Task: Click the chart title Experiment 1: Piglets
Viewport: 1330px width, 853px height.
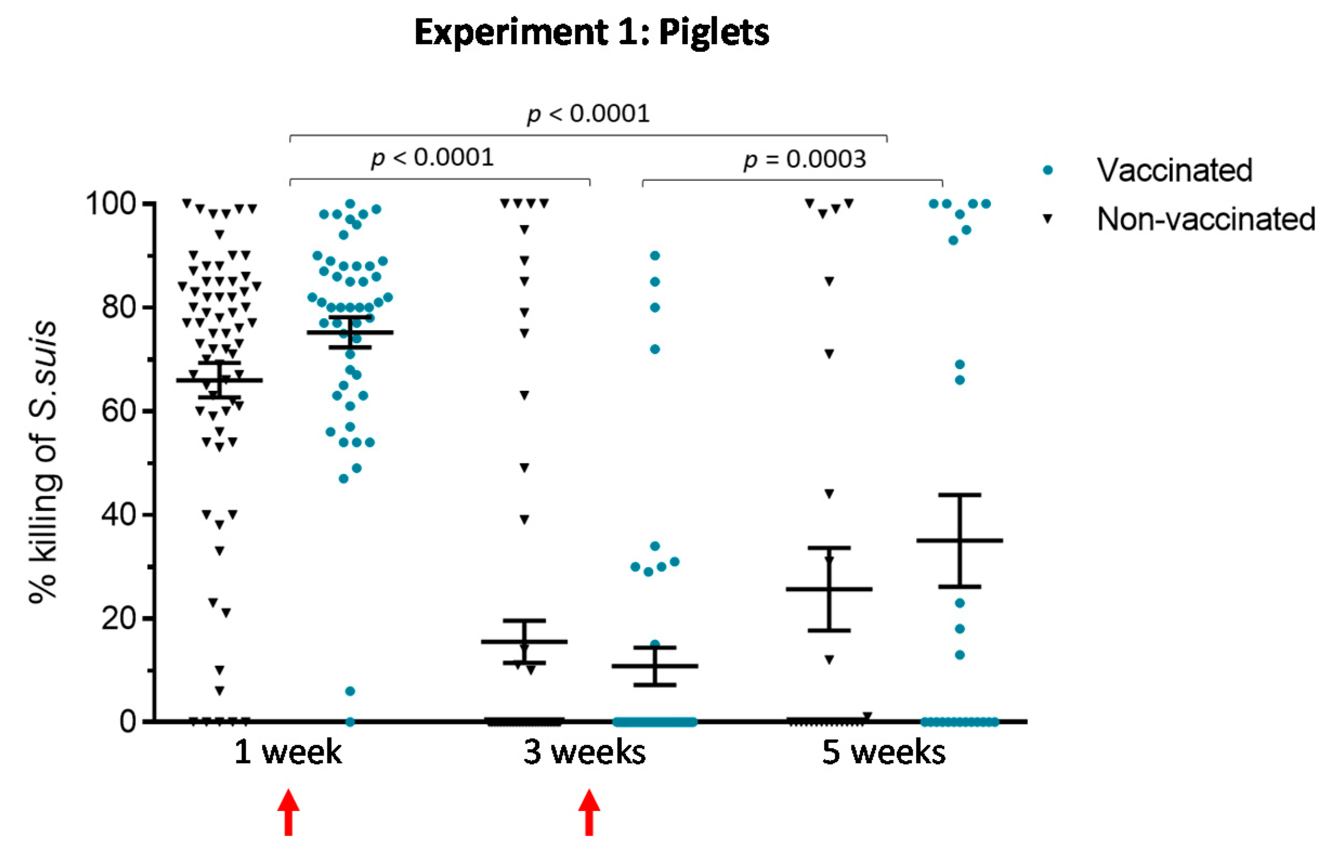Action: pos(591,32)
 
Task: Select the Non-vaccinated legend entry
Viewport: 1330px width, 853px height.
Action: pos(1205,219)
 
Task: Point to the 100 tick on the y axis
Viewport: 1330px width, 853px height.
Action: pos(111,204)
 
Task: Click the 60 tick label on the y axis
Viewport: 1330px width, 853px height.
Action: pos(119,411)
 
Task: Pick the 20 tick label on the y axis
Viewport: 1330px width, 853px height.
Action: pos(119,618)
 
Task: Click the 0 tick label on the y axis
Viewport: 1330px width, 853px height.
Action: pos(128,721)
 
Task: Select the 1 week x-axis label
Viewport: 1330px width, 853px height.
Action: pos(288,752)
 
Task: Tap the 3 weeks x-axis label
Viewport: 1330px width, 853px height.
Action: pos(585,752)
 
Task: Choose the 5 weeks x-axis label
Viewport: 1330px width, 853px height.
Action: pos(883,752)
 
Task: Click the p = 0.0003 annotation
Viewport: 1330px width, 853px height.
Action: pos(804,160)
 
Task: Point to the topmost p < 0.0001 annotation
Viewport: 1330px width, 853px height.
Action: pos(588,114)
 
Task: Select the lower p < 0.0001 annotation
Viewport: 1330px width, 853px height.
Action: pos(432,158)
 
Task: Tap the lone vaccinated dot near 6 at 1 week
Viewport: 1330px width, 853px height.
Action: pos(350,691)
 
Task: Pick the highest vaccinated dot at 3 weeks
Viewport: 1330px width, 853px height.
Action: pos(655,256)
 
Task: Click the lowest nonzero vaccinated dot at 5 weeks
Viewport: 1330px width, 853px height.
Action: pos(960,655)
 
